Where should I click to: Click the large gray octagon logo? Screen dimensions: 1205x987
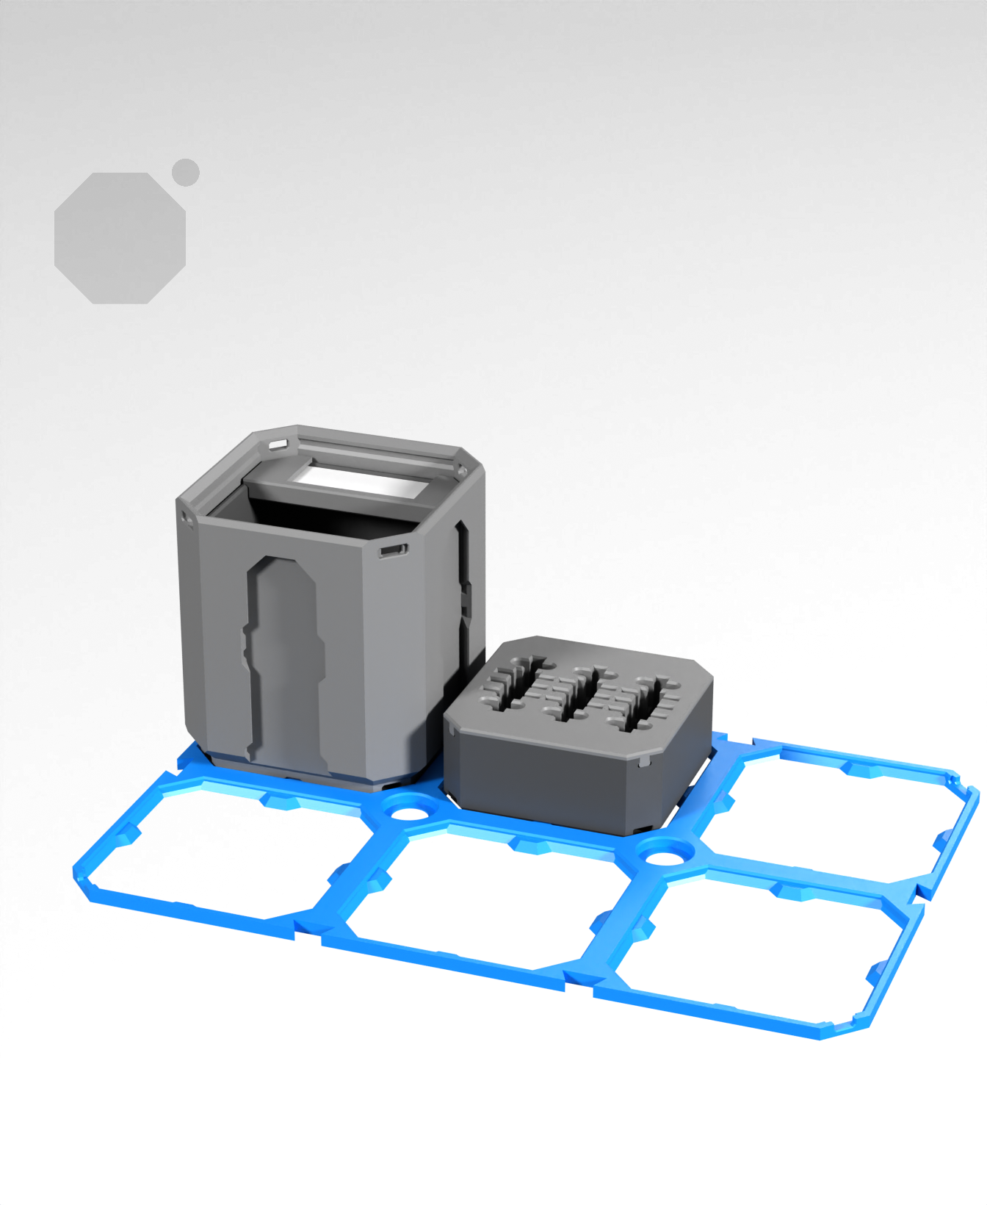pos(120,238)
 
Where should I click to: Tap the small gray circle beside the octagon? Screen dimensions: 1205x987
pos(186,172)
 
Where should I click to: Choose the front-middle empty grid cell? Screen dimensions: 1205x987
pos(485,907)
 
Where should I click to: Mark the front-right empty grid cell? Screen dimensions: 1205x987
pos(756,955)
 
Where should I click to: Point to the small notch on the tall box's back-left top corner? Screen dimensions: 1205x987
pos(278,444)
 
